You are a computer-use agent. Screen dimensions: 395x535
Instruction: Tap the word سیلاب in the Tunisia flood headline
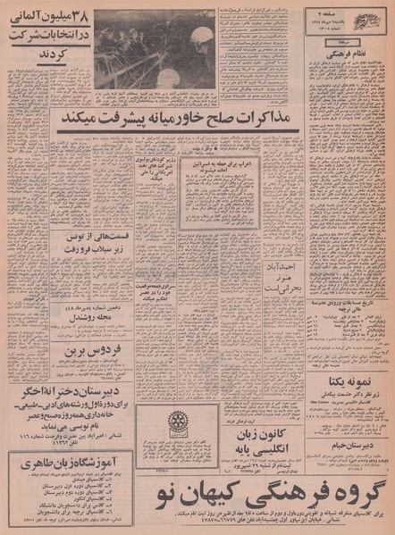(104, 251)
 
